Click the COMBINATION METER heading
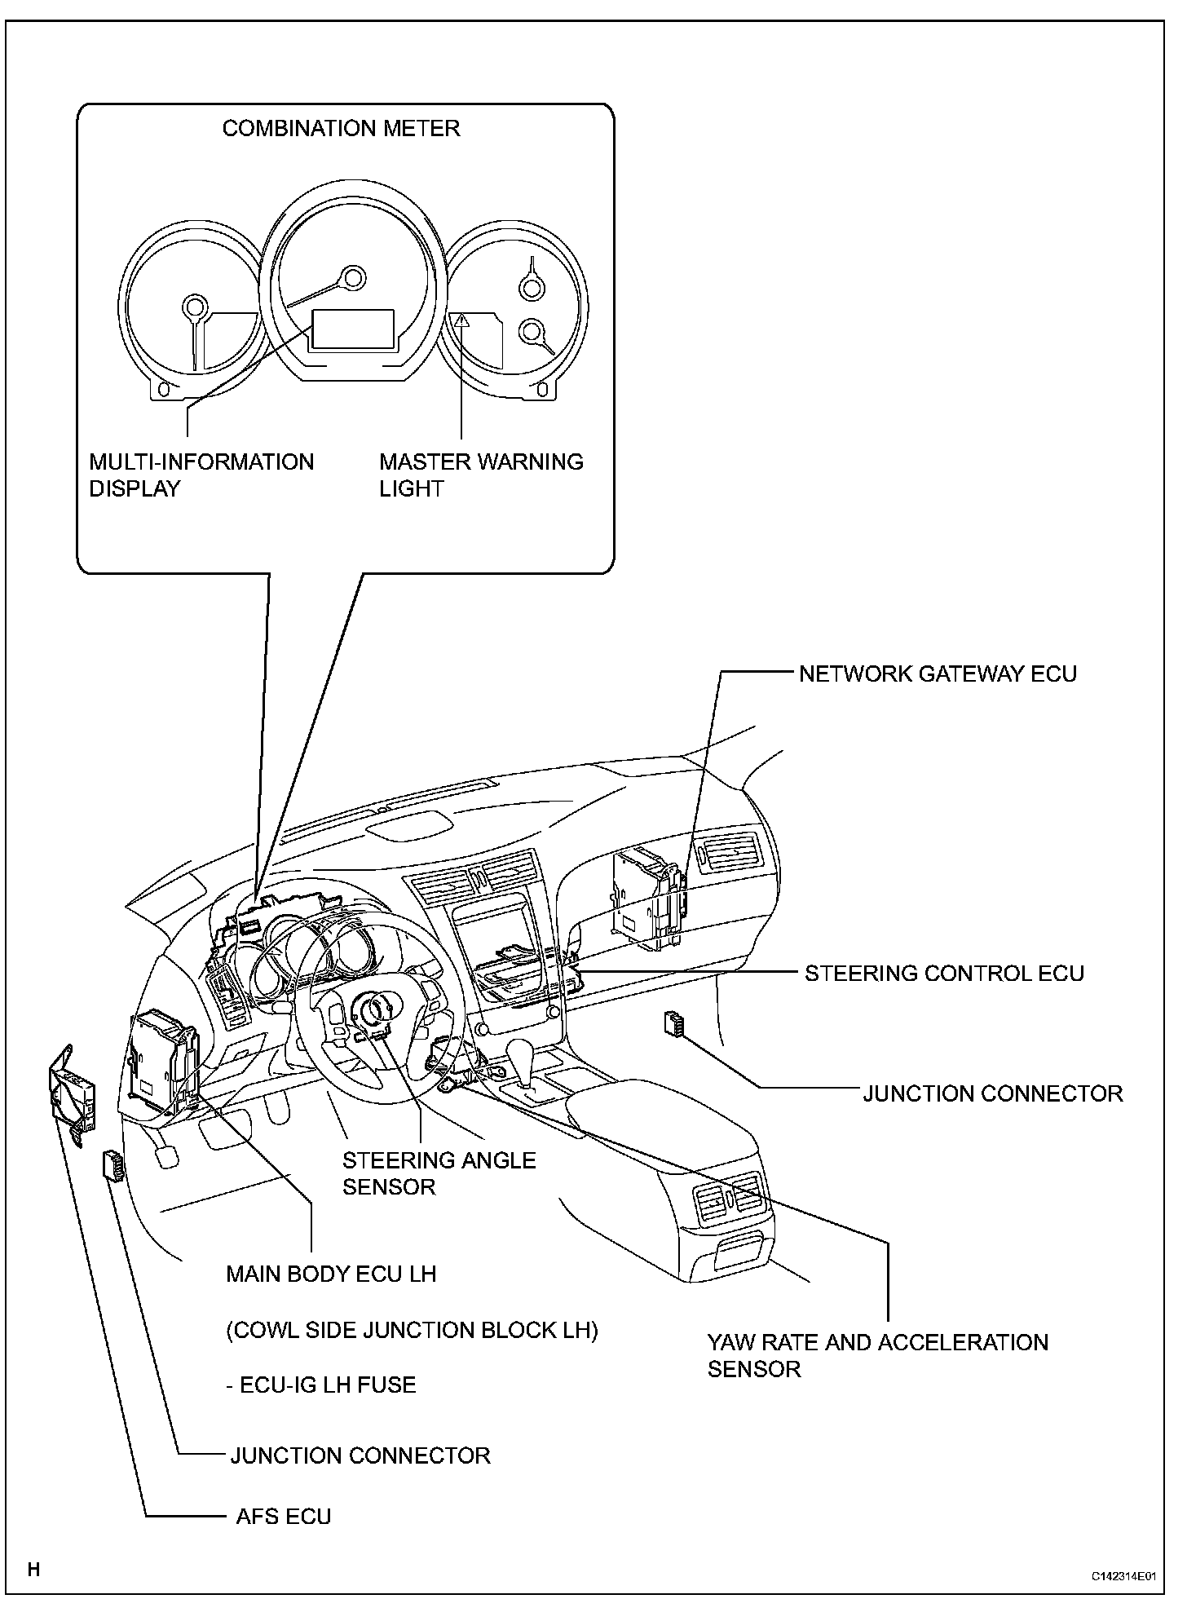(x=341, y=129)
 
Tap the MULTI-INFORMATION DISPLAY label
(x=201, y=475)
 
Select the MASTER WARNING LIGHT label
(x=481, y=475)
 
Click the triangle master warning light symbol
(x=462, y=320)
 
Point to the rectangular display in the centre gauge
(x=353, y=329)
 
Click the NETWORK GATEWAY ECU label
(x=938, y=674)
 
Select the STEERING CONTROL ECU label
(x=944, y=974)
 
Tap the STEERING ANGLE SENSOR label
(x=439, y=1173)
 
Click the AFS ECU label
(x=284, y=1517)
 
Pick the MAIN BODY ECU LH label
(x=331, y=1274)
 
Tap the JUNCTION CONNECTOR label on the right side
(x=992, y=1093)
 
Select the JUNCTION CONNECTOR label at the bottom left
(x=360, y=1455)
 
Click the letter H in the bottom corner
(x=33, y=1569)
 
